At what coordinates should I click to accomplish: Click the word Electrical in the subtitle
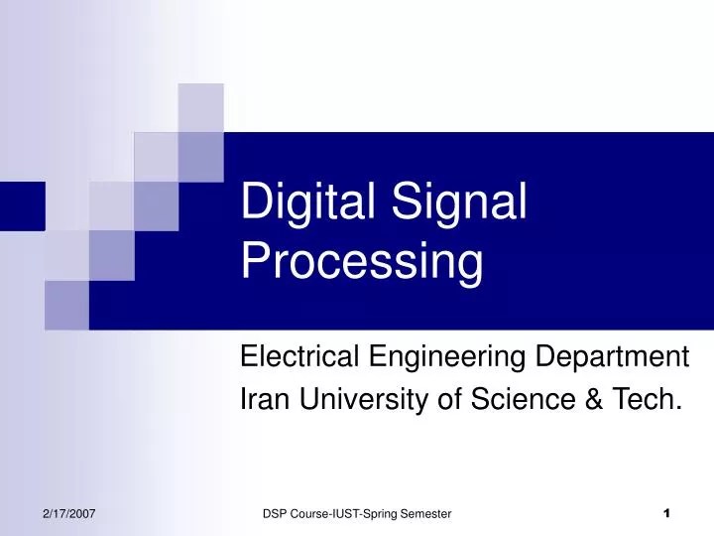click(x=300, y=355)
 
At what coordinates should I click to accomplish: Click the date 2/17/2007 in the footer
click(x=68, y=512)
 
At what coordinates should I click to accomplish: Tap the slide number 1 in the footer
click(x=666, y=512)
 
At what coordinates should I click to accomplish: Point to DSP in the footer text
click(x=275, y=512)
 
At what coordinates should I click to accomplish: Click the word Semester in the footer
click(x=424, y=512)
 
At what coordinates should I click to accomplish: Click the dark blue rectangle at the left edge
click(x=22, y=205)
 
